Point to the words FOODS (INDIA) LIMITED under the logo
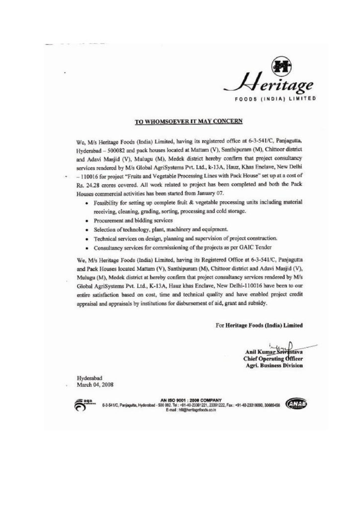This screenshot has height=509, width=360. [x=275, y=99]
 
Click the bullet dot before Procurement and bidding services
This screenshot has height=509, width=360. [x=88, y=220]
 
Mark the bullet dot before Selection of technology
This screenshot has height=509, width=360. [x=88, y=230]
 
